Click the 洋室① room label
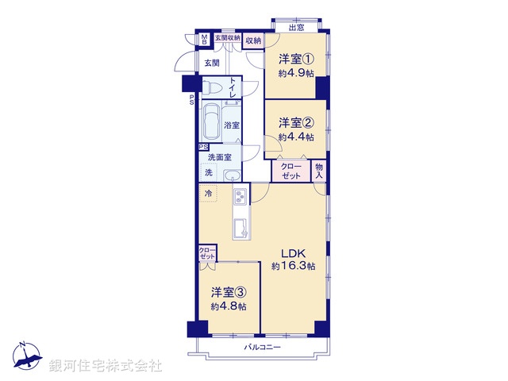tap(295, 60)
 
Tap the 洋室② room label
tap(295, 123)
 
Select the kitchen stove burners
tap(241, 197)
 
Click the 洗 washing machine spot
tap(210, 173)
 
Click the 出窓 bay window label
tap(295, 29)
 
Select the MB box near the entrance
tap(204, 39)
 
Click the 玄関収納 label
tap(227, 37)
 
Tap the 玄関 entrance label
tap(211, 63)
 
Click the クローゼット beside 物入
tap(291, 171)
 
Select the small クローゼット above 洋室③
tap(206, 254)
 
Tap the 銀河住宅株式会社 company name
tap(105, 365)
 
